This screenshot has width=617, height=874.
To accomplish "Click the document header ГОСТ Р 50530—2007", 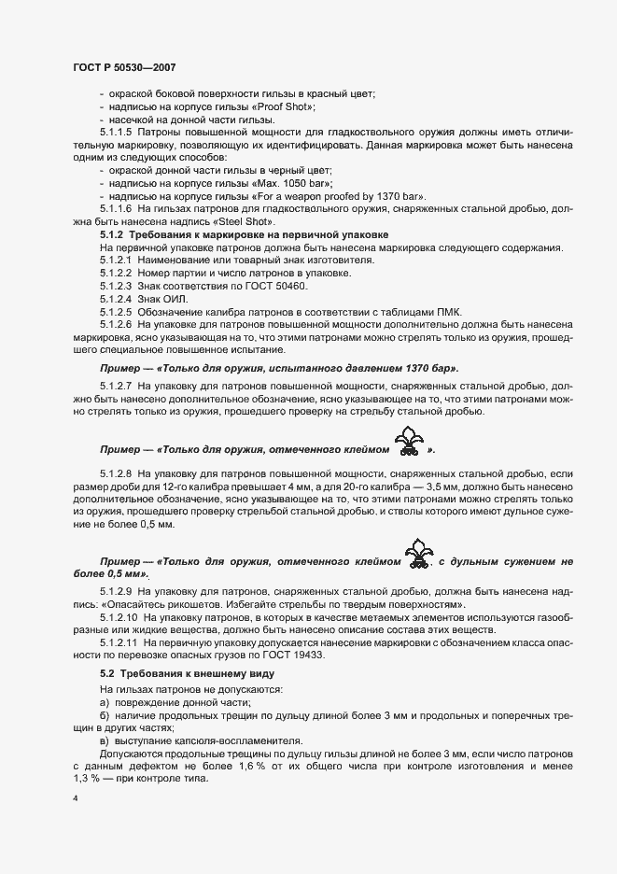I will [124, 69].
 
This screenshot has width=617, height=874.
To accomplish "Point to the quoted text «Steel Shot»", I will [244, 221].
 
